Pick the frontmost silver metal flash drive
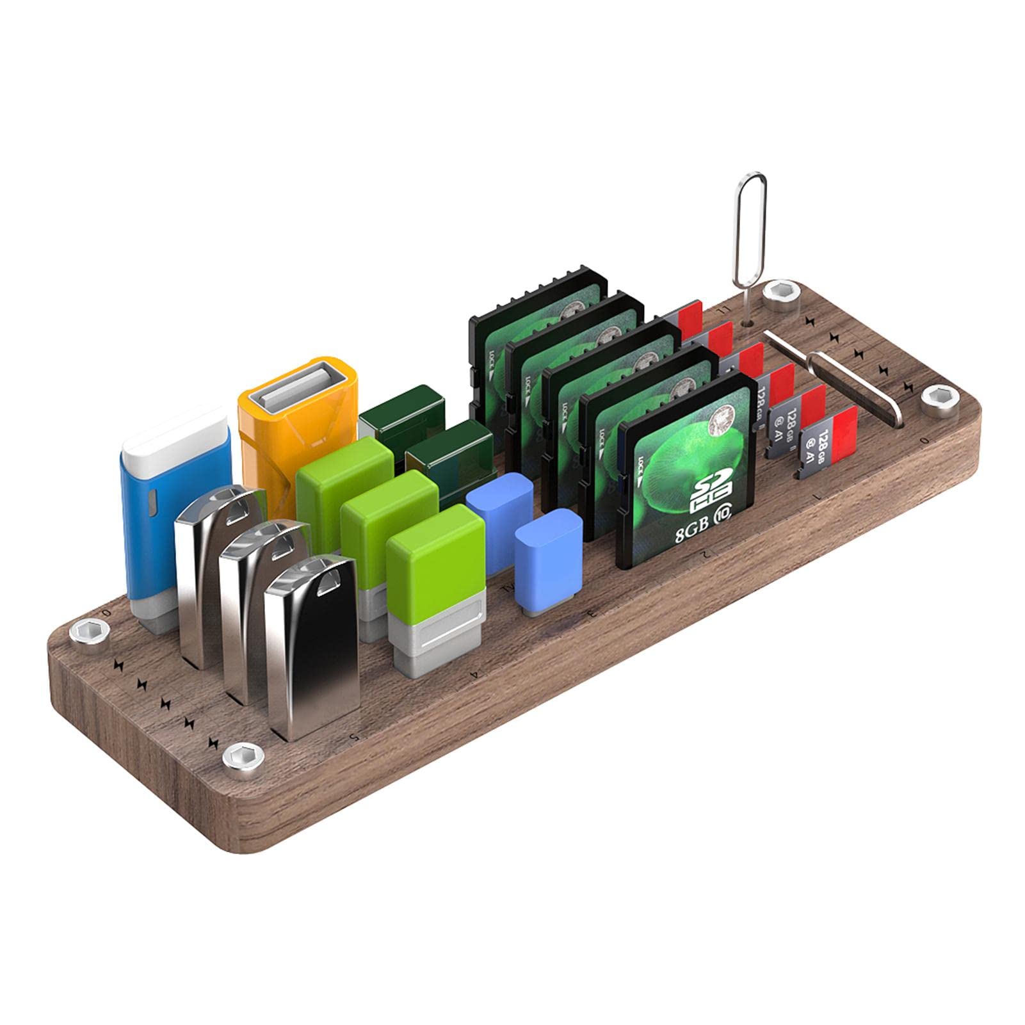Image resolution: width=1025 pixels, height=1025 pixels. click(312, 653)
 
